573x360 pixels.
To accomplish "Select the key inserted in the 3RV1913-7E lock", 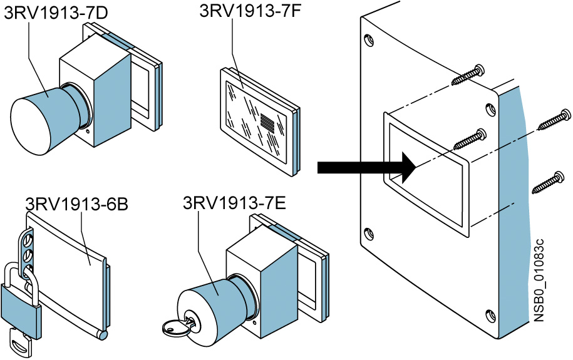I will tap(177, 325).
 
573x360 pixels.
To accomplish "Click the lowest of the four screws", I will tap(549, 182).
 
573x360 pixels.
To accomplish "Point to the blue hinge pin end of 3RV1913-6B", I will tap(101, 335).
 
